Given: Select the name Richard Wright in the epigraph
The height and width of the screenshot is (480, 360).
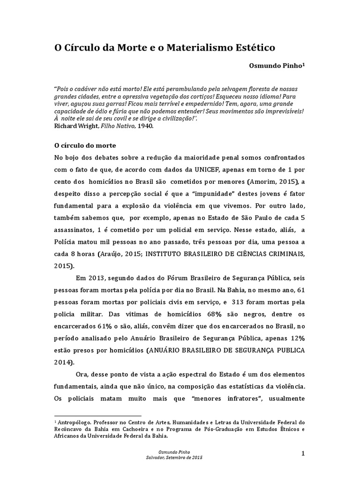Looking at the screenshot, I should tap(76, 126).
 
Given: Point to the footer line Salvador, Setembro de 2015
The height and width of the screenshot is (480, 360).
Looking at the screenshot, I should tap(174, 457).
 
